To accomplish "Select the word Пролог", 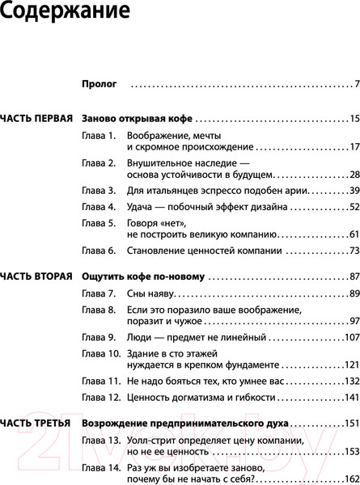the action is coord(100,83).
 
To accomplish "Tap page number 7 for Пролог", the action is coord(356,83).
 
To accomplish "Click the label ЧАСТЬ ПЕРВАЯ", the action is coord(37,119).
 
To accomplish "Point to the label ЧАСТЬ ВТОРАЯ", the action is coord(37,276).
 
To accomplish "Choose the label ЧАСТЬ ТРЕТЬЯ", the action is coord(37,423).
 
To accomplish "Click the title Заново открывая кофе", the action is coord(137,119).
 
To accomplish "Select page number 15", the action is coord(354,119).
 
